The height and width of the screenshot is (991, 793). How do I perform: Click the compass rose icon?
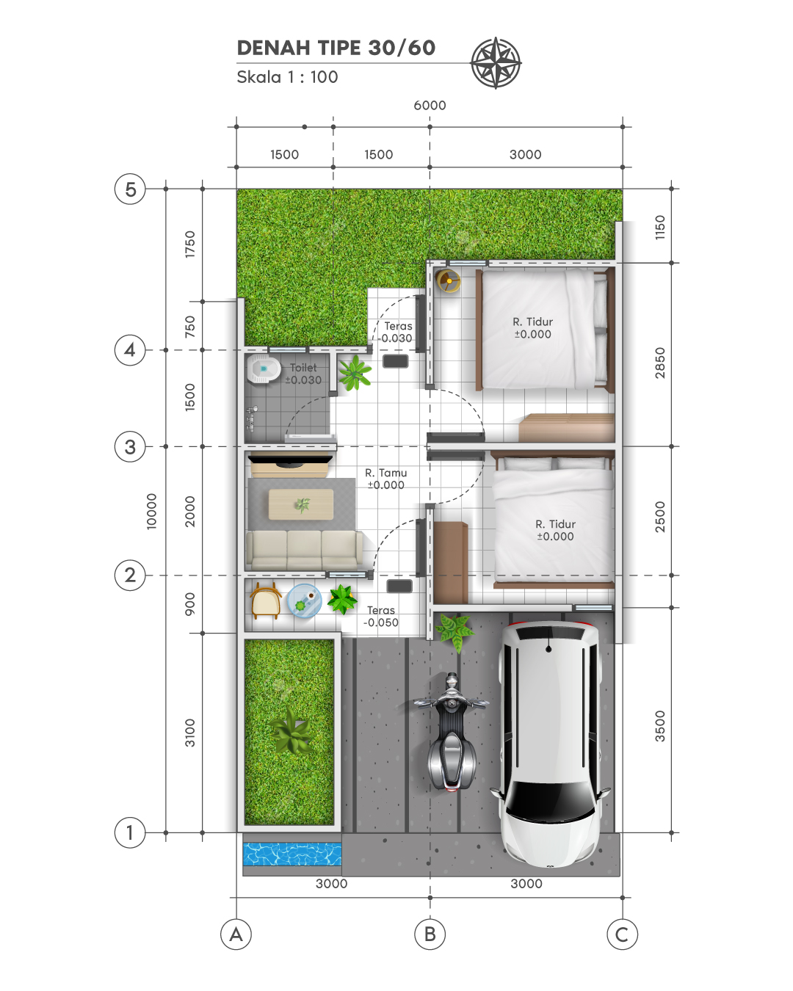(496, 62)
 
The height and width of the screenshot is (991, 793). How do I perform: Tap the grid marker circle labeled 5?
(130, 189)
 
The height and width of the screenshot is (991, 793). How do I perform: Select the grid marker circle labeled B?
(430, 934)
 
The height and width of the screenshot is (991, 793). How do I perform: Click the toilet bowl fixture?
(263, 369)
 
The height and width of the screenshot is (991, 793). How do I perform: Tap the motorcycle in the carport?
(451, 732)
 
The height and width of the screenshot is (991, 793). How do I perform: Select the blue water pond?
(292, 854)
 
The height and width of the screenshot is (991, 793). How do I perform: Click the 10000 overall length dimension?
(151, 511)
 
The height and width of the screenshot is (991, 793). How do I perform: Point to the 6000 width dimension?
(430, 106)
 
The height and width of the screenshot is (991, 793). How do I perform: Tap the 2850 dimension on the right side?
(660, 363)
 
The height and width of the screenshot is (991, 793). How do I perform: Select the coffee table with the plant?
(301, 504)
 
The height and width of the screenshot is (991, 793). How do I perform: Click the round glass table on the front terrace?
(304, 600)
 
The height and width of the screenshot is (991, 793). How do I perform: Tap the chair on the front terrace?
(265, 600)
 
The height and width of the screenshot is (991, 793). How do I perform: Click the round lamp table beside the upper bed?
(449, 280)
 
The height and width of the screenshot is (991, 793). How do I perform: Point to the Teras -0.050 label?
(381, 616)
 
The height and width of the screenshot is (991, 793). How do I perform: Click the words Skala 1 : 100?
(287, 77)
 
